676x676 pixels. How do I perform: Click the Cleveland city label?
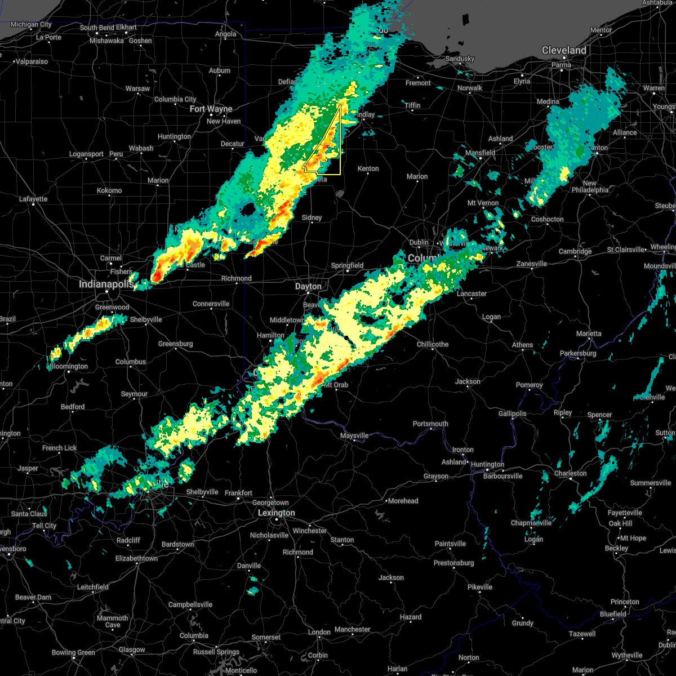[x=564, y=50]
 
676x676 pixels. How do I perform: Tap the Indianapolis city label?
[x=106, y=284]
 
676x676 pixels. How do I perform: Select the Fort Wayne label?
[x=211, y=109]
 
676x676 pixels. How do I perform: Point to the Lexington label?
[x=276, y=513]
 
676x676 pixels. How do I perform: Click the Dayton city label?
[x=308, y=286]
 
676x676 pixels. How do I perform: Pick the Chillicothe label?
[x=433, y=344]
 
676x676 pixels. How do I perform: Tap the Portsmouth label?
[x=430, y=424]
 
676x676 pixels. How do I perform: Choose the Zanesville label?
[x=532, y=264]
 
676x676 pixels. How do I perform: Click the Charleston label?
[x=571, y=473]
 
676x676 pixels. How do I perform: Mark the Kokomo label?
[x=109, y=190]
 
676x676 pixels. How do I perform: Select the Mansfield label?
[x=481, y=153]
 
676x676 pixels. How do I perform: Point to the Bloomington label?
[x=69, y=366]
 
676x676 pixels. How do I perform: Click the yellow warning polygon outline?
[x=340, y=141]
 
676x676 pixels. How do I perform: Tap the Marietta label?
[x=589, y=333]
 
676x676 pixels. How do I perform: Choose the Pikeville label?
[x=480, y=587]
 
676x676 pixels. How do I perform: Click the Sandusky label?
[x=460, y=59]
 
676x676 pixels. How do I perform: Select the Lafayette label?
[x=33, y=199]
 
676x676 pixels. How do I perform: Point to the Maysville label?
[x=354, y=435]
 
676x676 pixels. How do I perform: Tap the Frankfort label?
[x=238, y=493]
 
